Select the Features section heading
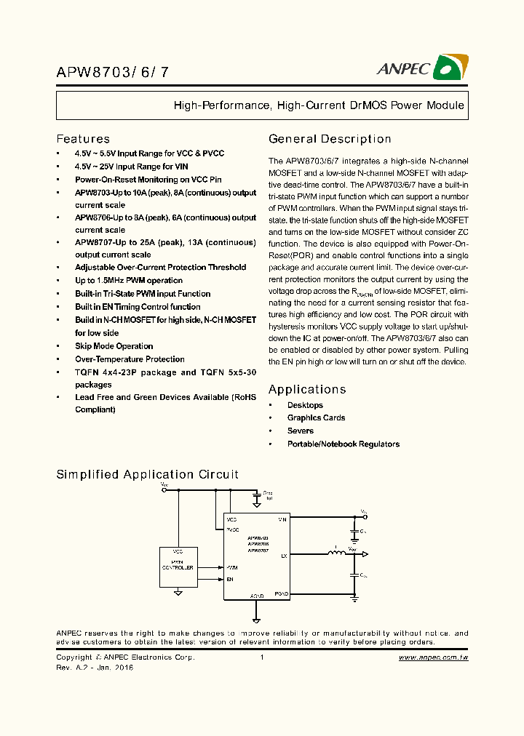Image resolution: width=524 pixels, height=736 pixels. [83, 139]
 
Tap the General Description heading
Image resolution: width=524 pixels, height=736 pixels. [330, 139]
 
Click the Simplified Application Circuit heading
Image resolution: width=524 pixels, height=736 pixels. [148, 474]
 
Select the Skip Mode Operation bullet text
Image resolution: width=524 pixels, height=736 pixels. [114, 346]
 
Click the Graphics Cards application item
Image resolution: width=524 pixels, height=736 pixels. [316, 418]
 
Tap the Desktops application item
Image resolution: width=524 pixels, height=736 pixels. [305, 405]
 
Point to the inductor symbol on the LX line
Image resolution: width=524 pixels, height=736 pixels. [337, 555]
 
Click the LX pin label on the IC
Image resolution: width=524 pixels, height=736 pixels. [284, 555]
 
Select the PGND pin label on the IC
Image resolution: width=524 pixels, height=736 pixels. [282, 594]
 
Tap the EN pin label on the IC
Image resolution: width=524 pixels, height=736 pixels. [231, 579]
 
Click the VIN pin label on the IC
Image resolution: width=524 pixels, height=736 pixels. [282, 520]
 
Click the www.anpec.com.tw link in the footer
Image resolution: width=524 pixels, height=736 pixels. [433, 657]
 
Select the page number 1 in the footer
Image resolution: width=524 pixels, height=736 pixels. [261, 657]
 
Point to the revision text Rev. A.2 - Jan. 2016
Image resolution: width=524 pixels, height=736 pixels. [95, 667]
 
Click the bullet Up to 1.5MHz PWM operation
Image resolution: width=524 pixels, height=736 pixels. [129, 281]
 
